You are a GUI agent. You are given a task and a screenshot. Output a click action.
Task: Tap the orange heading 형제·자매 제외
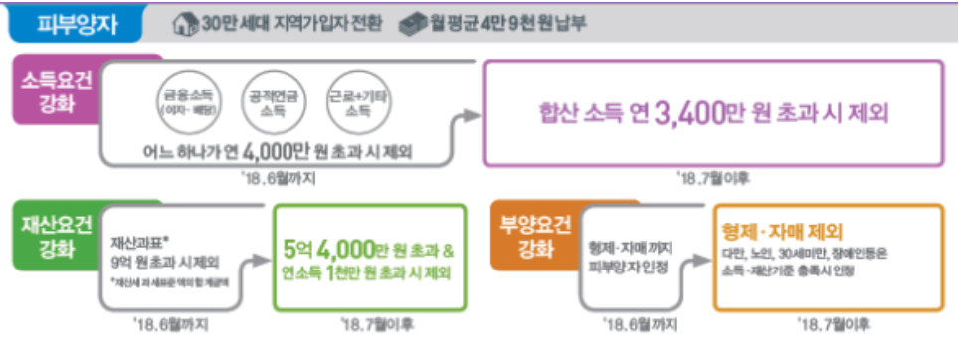(782, 228)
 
